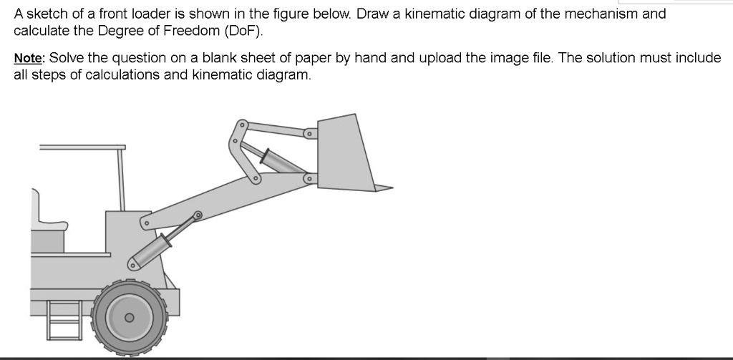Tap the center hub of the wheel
(x=130, y=317)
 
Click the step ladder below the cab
(x=64, y=318)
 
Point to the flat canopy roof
(x=82, y=147)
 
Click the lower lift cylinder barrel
(x=152, y=250)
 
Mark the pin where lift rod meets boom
(x=198, y=214)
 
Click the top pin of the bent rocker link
(x=243, y=126)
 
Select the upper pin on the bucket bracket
(x=308, y=134)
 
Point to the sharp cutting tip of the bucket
(x=391, y=189)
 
